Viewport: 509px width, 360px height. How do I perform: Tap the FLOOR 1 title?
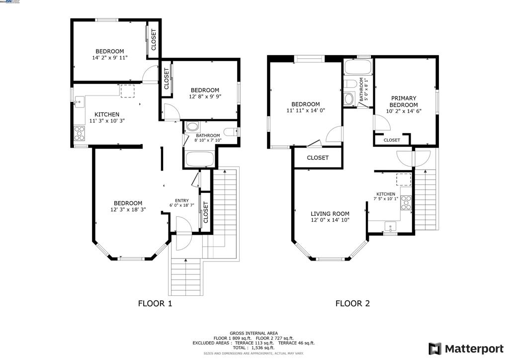pyautogui.click(x=155, y=303)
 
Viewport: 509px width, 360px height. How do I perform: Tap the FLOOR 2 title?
pyautogui.click(x=352, y=303)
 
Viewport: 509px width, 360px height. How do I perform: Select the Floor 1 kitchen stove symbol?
pyautogui.click(x=79, y=132)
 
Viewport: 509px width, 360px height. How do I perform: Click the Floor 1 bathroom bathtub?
pyautogui.click(x=199, y=160)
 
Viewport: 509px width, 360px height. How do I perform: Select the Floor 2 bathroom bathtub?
pyautogui.click(x=357, y=68)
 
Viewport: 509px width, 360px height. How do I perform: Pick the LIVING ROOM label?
pyautogui.click(x=330, y=214)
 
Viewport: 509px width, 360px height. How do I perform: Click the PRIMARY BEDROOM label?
pyautogui.click(x=403, y=101)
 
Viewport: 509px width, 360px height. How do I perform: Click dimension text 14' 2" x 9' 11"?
pyautogui.click(x=110, y=58)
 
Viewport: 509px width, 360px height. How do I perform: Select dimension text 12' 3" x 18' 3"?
pyautogui.click(x=128, y=209)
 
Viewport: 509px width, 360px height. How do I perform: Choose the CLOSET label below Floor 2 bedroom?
pyautogui.click(x=318, y=158)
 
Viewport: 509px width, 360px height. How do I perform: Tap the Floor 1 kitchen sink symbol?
pyautogui.click(x=78, y=103)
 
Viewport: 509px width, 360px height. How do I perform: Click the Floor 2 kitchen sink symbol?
pyautogui.click(x=390, y=227)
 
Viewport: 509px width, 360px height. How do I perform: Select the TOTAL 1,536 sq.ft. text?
pyautogui.click(x=254, y=348)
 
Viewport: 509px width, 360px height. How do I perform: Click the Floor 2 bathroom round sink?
pyautogui.click(x=349, y=99)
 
